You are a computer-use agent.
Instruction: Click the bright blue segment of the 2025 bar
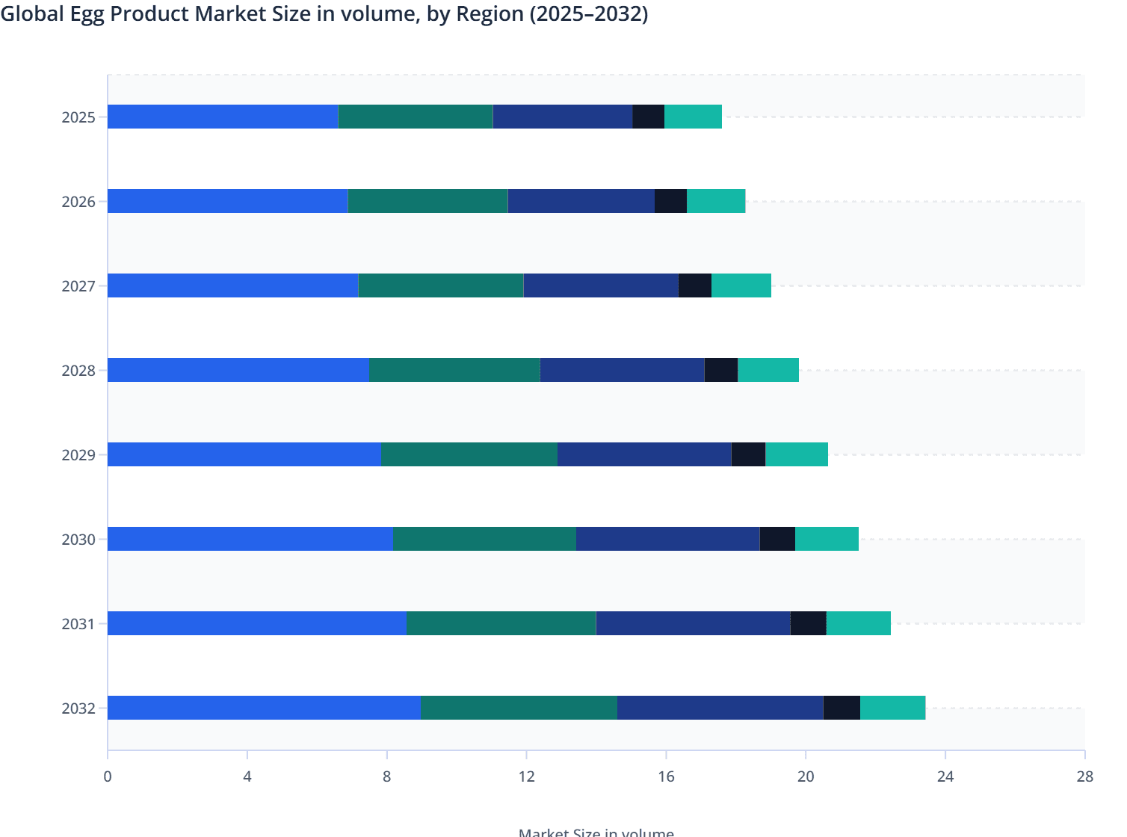click(x=223, y=117)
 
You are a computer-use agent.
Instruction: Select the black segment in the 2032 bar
click(x=842, y=708)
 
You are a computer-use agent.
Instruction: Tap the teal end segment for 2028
click(x=768, y=370)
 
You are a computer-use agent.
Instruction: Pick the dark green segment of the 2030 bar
click(x=484, y=539)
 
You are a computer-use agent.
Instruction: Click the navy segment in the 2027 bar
click(x=601, y=285)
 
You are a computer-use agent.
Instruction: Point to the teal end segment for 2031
click(x=859, y=623)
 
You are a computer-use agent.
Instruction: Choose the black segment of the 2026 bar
click(x=670, y=201)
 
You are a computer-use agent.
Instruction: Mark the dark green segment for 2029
click(x=469, y=454)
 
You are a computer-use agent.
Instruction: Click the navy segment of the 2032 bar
click(x=720, y=708)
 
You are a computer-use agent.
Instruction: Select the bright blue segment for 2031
click(x=257, y=623)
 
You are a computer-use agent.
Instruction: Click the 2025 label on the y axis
click(x=78, y=117)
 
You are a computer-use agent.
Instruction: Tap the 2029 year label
click(x=78, y=455)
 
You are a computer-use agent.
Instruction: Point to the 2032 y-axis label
click(x=78, y=708)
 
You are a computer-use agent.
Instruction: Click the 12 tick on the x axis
click(x=526, y=776)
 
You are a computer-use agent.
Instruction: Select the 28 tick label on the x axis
click(x=1084, y=776)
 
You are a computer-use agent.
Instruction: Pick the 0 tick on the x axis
click(x=108, y=776)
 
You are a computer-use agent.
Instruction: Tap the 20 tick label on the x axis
click(x=806, y=776)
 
